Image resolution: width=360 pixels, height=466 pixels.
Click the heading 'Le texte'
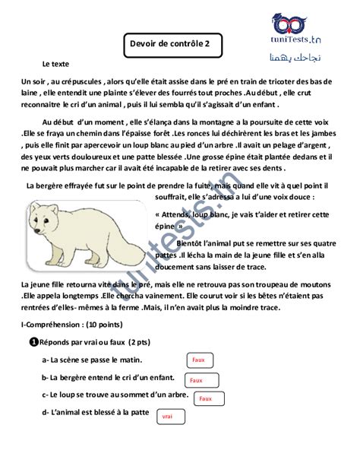(56, 65)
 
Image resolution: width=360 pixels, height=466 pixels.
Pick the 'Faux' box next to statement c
(205, 398)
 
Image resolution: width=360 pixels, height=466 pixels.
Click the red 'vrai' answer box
(168, 417)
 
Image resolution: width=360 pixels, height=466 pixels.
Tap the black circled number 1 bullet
(33, 342)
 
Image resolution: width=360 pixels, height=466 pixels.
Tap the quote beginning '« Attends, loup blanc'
(205, 215)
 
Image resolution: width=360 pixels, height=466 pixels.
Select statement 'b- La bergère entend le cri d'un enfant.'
(107, 377)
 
